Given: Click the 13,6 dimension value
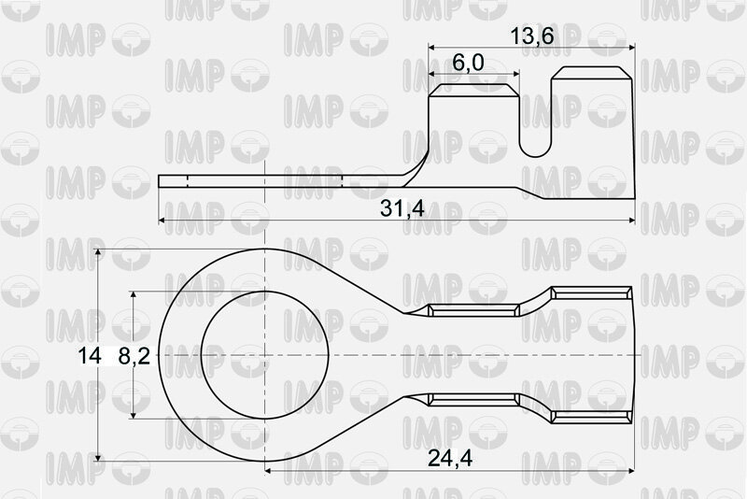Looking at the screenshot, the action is (531, 36).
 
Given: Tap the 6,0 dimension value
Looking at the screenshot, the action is (468, 63).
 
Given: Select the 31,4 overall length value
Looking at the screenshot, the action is (402, 208).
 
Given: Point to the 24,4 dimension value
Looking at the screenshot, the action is (450, 458).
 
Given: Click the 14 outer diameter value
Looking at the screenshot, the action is (90, 356).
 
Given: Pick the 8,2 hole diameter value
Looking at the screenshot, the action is (134, 356).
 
